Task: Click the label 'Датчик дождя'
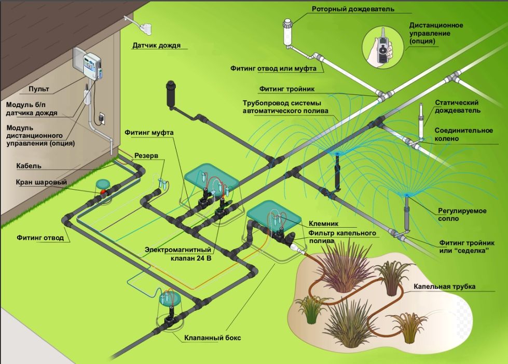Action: [156, 45]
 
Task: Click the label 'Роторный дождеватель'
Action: [353, 9]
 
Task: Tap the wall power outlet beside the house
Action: [102, 118]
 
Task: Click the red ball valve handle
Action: [103, 192]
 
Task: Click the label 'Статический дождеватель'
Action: [457, 107]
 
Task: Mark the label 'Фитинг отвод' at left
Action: [39, 238]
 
